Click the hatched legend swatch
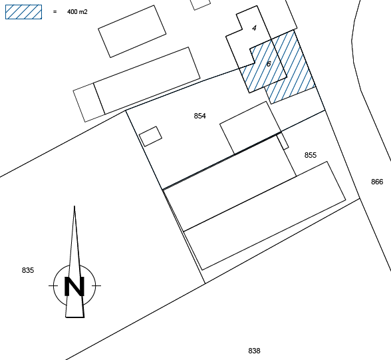23,12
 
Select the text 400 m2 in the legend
77,12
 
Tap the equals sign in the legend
55,11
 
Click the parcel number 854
199,116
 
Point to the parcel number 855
311,155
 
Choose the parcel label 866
377,182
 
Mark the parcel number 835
28,270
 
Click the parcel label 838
254,351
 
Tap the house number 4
254,28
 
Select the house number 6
269,64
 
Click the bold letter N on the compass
74,286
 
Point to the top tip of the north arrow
74,206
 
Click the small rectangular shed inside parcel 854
150,136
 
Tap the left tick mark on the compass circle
53,285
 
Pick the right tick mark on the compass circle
96,285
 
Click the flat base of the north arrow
74,317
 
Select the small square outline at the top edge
201,4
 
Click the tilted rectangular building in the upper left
132,31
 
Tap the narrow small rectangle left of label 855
283,141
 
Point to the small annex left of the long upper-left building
89,102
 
